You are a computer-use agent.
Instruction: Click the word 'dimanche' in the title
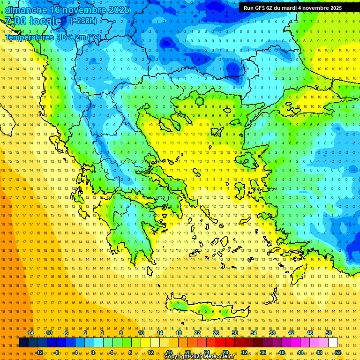26,10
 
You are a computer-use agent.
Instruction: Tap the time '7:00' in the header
16,21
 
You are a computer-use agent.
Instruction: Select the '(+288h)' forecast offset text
83,21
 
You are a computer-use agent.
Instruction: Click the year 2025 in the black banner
333,8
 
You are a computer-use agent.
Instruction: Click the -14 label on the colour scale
29,333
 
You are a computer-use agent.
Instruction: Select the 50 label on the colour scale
329,333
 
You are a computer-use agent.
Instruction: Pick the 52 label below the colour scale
338,352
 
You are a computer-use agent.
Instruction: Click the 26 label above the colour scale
216,333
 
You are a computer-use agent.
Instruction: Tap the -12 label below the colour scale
39,352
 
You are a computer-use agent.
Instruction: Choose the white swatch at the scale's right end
333,343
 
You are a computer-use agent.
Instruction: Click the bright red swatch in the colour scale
220,343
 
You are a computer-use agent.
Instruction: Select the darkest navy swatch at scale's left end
23,343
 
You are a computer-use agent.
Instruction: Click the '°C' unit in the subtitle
95,37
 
